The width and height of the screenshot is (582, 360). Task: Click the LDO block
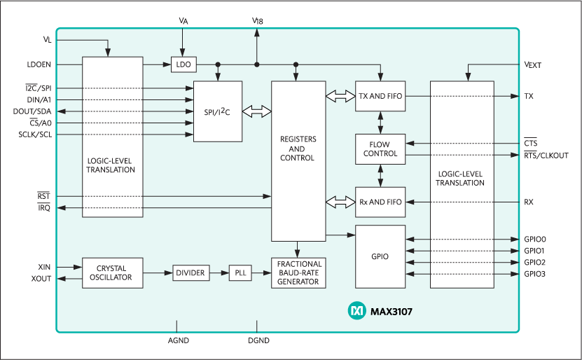pyautogui.click(x=183, y=64)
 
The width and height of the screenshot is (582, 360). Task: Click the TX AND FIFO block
pyautogui.click(x=380, y=96)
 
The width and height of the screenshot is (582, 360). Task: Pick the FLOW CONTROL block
pyautogui.click(x=380, y=148)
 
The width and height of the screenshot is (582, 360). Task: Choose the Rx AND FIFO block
pyautogui.click(x=380, y=202)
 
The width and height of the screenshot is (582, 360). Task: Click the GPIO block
pyautogui.click(x=380, y=256)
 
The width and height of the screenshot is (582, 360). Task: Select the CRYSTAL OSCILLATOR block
pyautogui.click(x=112, y=272)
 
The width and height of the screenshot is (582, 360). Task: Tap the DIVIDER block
pyautogui.click(x=190, y=272)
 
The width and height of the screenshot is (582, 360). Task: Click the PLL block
pyautogui.click(x=240, y=272)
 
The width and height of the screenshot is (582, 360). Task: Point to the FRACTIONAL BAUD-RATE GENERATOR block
pyautogui.click(x=298, y=272)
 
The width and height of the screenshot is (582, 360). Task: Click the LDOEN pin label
pyautogui.click(x=39, y=64)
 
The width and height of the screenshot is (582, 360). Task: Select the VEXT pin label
pyautogui.click(x=533, y=64)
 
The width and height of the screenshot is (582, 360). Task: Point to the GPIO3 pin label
pyautogui.click(x=534, y=273)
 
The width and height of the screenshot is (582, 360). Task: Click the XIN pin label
pyautogui.click(x=44, y=267)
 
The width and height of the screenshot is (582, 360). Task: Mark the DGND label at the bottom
pyautogui.click(x=258, y=340)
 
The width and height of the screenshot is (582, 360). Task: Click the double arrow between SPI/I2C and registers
pyautogui.click(x=256, y=111)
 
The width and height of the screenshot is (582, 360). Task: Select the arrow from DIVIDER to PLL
pyautogui.click(x=219, y=272)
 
